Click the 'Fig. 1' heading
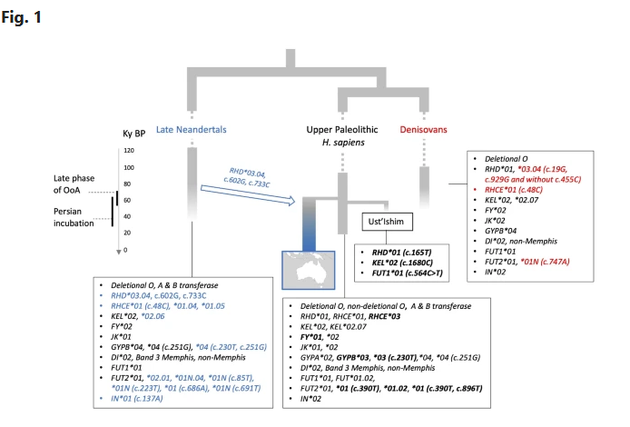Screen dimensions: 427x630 (22, 15)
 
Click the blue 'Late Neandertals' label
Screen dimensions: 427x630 (192, 130)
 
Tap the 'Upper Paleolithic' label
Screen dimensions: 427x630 (339, 130)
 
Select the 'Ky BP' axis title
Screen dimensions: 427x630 (135, 134)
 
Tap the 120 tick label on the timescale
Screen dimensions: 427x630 (129, 151)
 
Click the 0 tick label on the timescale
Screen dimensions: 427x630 (126, 250)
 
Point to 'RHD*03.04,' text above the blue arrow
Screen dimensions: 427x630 (252, 170)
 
